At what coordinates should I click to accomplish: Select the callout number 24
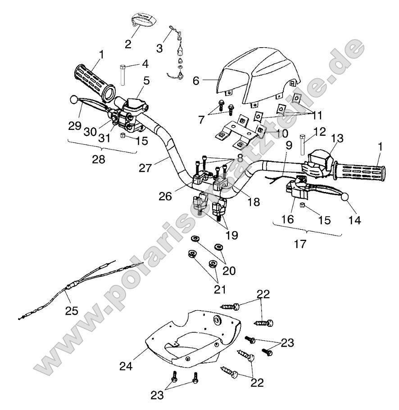coord(126,366)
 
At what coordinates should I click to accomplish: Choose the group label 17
coord(300,244)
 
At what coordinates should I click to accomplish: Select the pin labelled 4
coord(122,75)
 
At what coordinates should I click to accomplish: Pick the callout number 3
coord(159,48)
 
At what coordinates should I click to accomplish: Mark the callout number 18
coord(254,202)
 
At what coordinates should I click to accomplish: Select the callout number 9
coord(289,146)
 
